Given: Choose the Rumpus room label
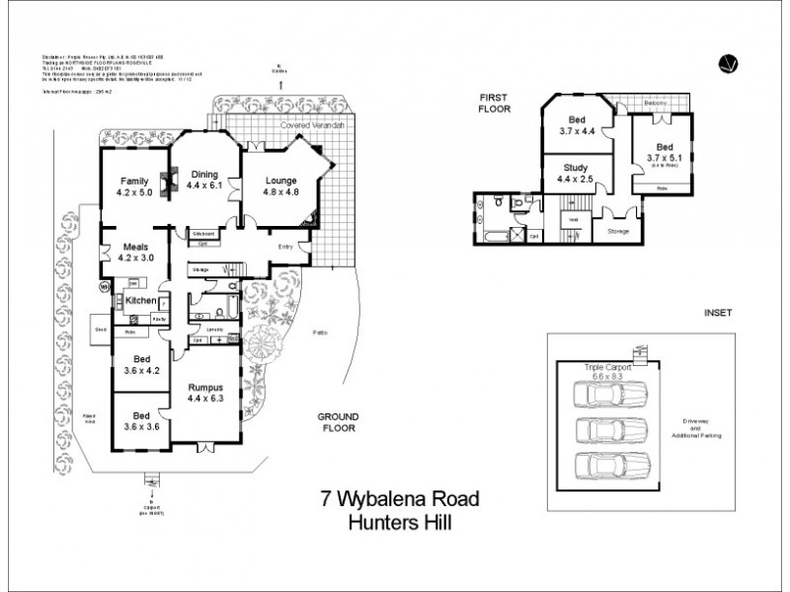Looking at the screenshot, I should coord(206,388).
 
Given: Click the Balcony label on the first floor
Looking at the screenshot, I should coord(656,103).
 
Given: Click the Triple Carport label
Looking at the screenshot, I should coord(603,366).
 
